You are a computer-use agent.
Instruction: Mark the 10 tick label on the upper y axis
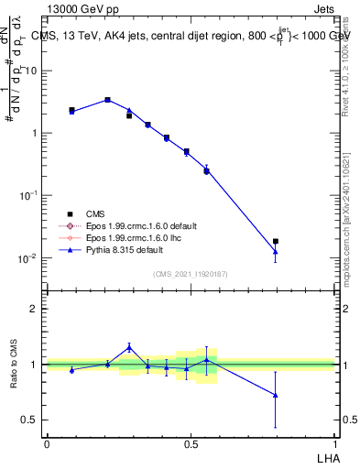click(31, 71)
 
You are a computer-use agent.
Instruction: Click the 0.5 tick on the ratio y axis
click(31, 420)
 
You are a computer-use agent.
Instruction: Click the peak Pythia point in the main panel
click(108, 100)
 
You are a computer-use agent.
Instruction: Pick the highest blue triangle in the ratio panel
click(129, 347)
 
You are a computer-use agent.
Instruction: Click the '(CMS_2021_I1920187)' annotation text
click(190, 274)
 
